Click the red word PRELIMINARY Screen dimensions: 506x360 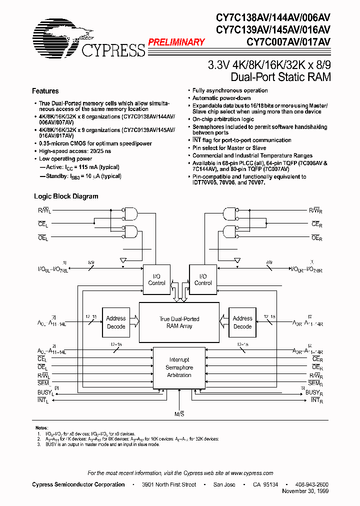point(176,42)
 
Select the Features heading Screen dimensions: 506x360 point(45,91)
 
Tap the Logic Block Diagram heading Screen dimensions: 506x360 point(65,196)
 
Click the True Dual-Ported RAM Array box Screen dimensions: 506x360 point(179,322)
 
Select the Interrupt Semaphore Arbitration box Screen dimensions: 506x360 point(179,367)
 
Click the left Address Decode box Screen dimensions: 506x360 point(116,322)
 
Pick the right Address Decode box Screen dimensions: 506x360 point(242,322)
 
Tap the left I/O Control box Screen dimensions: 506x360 point(156,279)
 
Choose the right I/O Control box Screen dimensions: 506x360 point(202,279)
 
